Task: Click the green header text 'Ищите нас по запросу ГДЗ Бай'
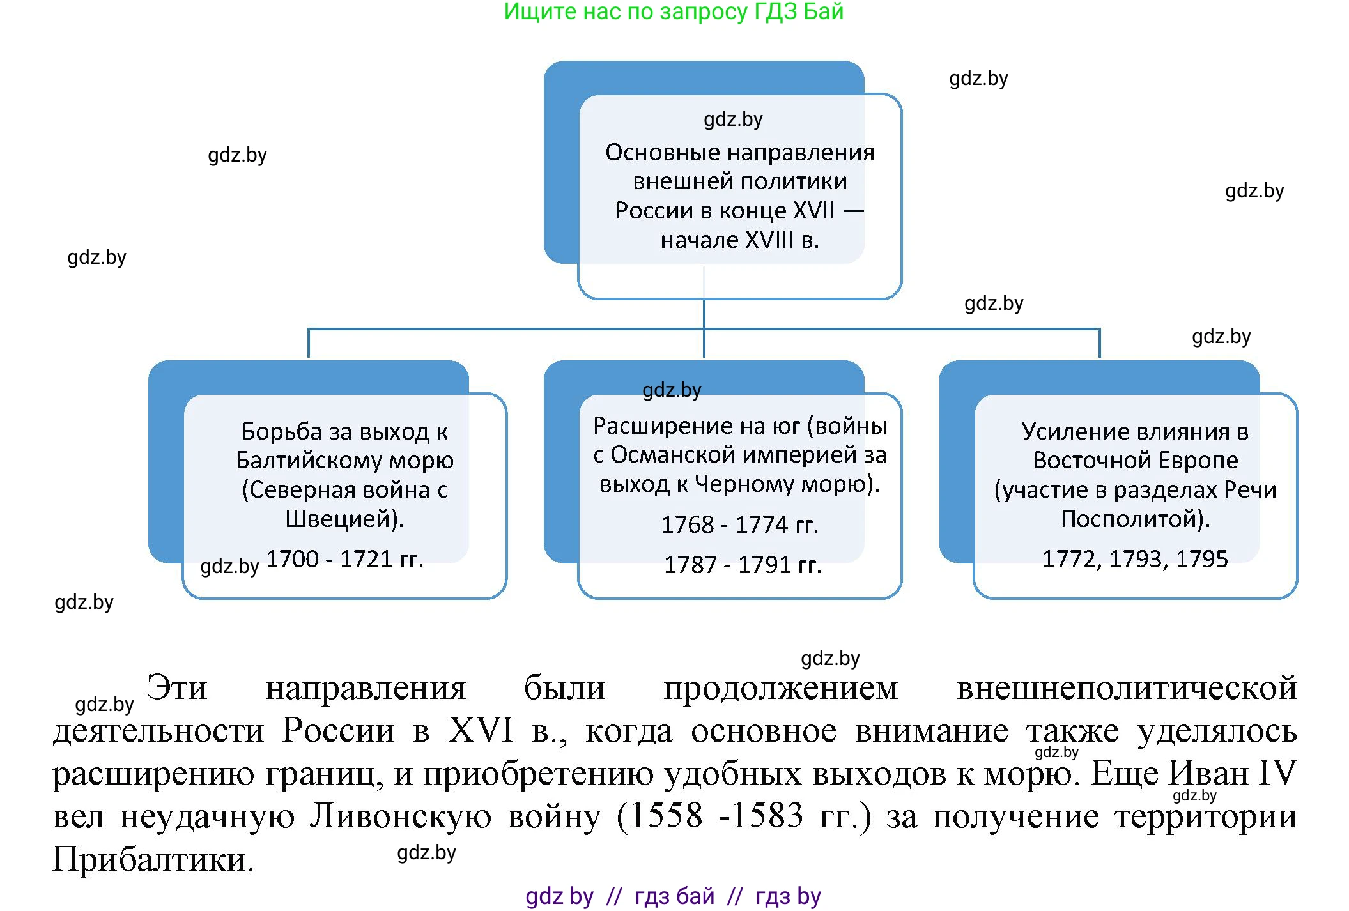(x=674, y=11)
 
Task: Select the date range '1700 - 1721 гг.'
(x=344, y=559)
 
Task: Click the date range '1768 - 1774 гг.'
(x=739, y=524)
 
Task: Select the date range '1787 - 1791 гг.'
(x=742, y=565)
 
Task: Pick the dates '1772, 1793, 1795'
(x=1135, y=559)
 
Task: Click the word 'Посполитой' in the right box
(x=1132, y=519)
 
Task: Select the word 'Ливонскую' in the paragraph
(x=400, y=817)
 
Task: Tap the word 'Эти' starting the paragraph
(x=177, y=689)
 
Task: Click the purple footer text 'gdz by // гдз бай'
(x=620, y=896)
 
